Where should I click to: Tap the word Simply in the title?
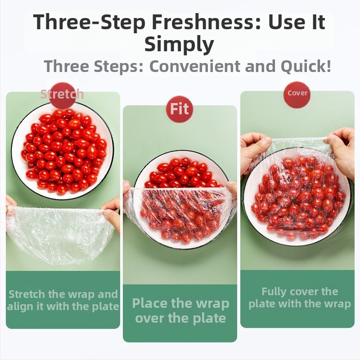pyautogui.click(x=179, y=44)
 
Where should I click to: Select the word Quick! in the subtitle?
pyautogui.click(x=306, y=66)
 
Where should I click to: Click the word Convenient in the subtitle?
pyautogui.click(x=195, y=66)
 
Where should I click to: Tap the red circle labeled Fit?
pyautogui.click(x=180, y=109)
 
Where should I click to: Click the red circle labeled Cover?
pyautogui.click(x=297, y=94)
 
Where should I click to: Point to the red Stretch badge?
pyautogui.click(x=62, y=94)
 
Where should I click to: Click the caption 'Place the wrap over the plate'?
pyautogui.click(x=180, y=310)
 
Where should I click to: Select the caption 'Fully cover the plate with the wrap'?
pyautogui.click(x=300, y=298)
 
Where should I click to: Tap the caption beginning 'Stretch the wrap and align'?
pyautogui.click(x=63, y=300)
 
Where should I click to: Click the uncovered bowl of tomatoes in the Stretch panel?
pyautogui.click(x=63, y=151)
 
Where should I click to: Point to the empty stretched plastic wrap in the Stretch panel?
pyautogui.click(x=60, y=234)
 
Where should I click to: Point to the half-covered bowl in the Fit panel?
pyautogui.click(x=181, y=200)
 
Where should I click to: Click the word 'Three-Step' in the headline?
pyautogui.click(x=89, y=22)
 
